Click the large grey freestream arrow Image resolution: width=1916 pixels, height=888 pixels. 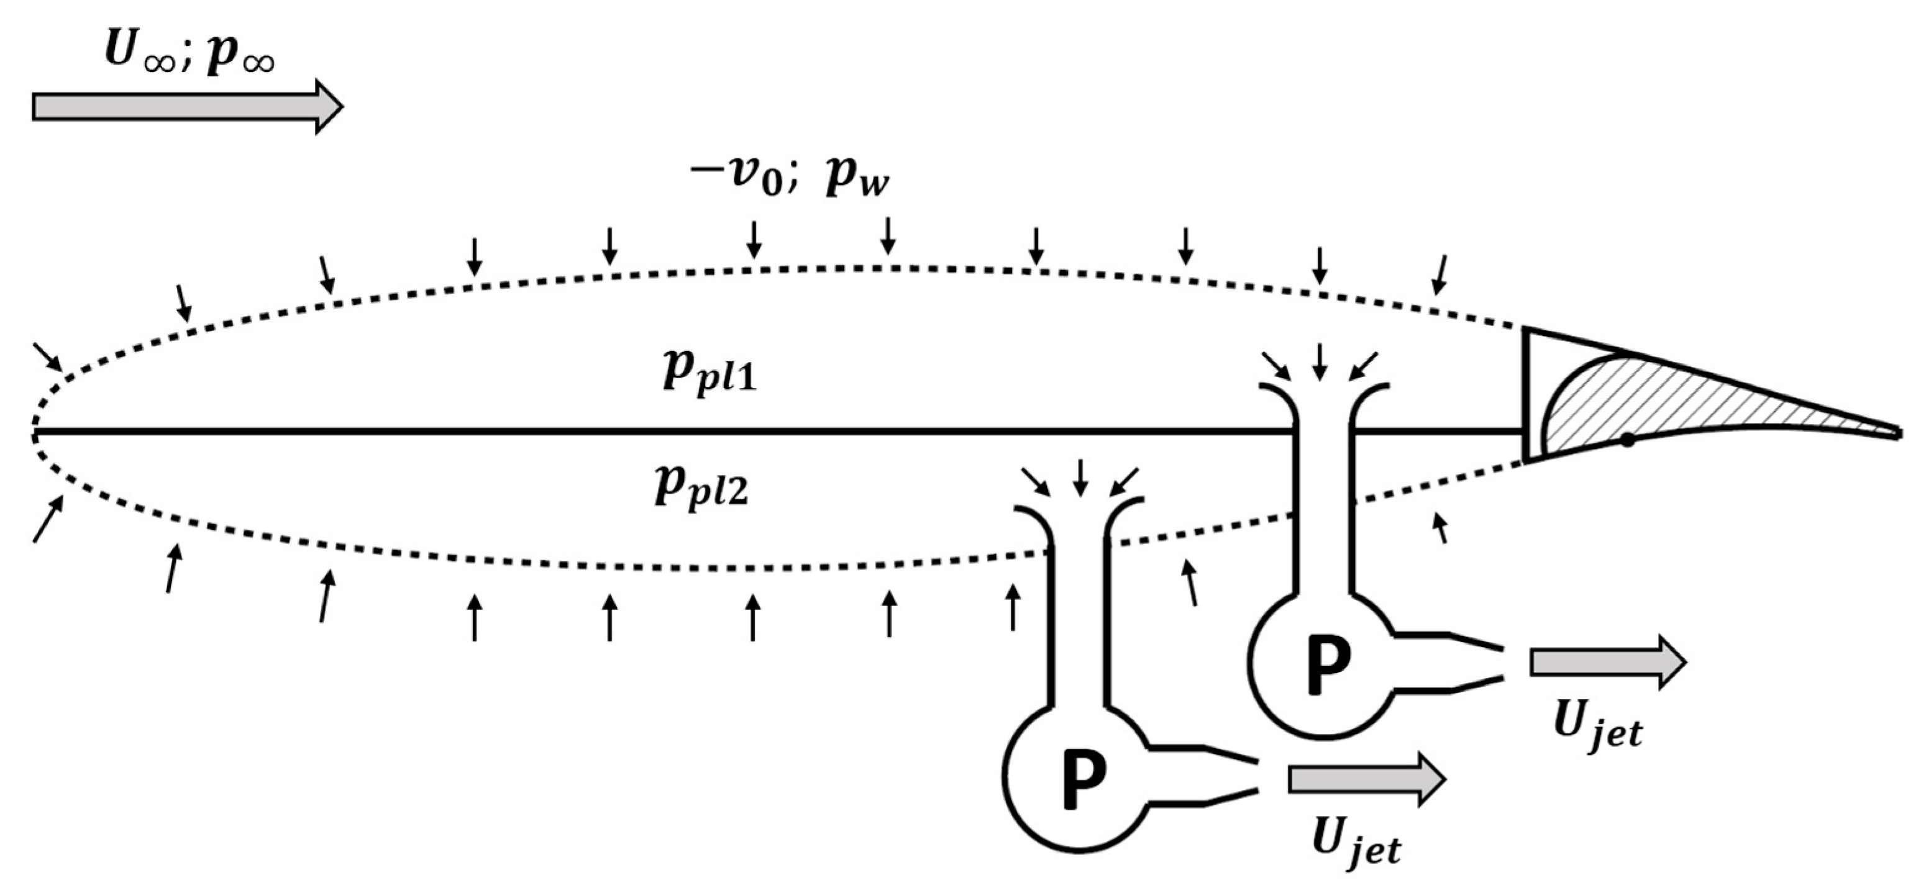pos(186,107)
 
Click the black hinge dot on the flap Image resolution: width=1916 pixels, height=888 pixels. pos(1628,440)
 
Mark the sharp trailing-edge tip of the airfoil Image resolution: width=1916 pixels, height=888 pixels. pos(1899,433)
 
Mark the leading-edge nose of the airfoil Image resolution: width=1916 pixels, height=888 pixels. pos(33,432)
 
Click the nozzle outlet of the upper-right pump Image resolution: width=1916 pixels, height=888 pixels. pos(1499,663)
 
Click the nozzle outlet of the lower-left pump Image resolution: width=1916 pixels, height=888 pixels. pos(1254,777)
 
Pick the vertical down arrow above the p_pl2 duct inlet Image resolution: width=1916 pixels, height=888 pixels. pos(1080,478)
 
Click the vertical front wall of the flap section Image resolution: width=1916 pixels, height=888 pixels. pos(1526,394)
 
